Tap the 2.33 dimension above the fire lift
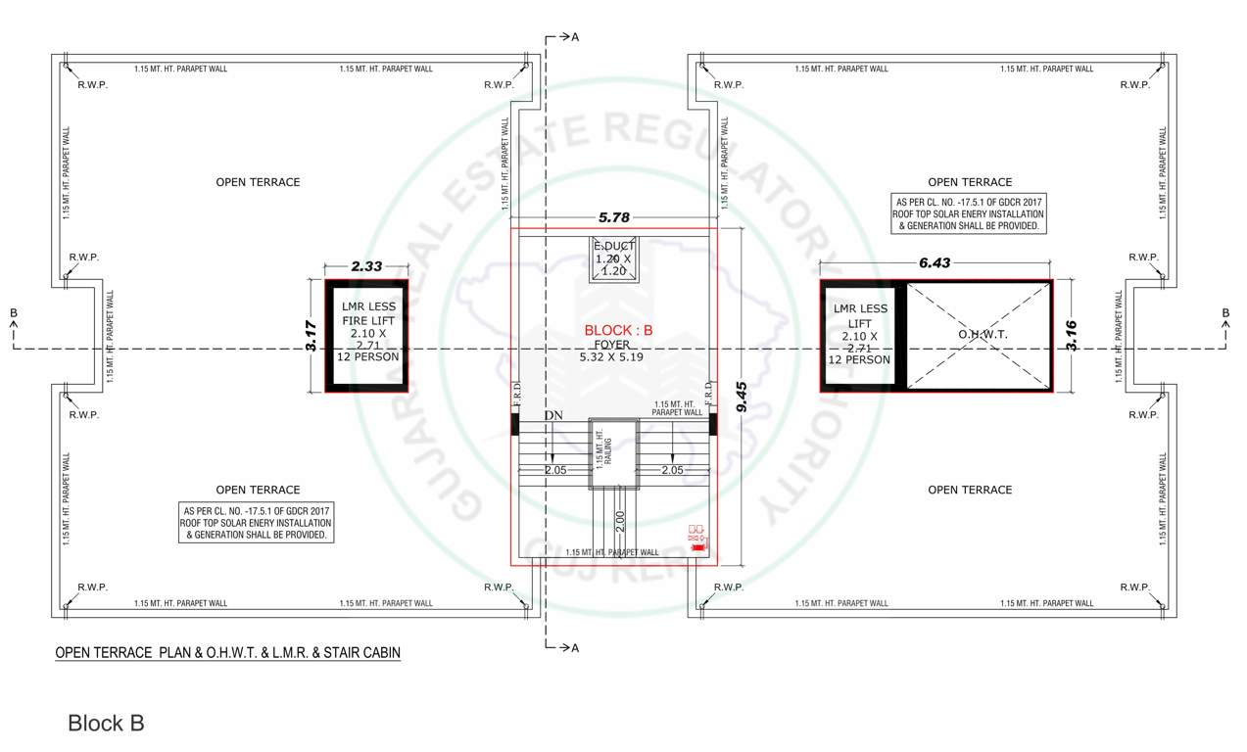coord(366,265)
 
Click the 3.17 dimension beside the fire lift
coord(312,337)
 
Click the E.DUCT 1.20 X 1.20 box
coord(614,258)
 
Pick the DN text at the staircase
coord(553,416)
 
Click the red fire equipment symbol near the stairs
coord(696,539)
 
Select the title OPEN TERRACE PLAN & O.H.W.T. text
coord(227,652)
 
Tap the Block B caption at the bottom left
coord(106,724)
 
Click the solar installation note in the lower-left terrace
coord(258,523)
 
